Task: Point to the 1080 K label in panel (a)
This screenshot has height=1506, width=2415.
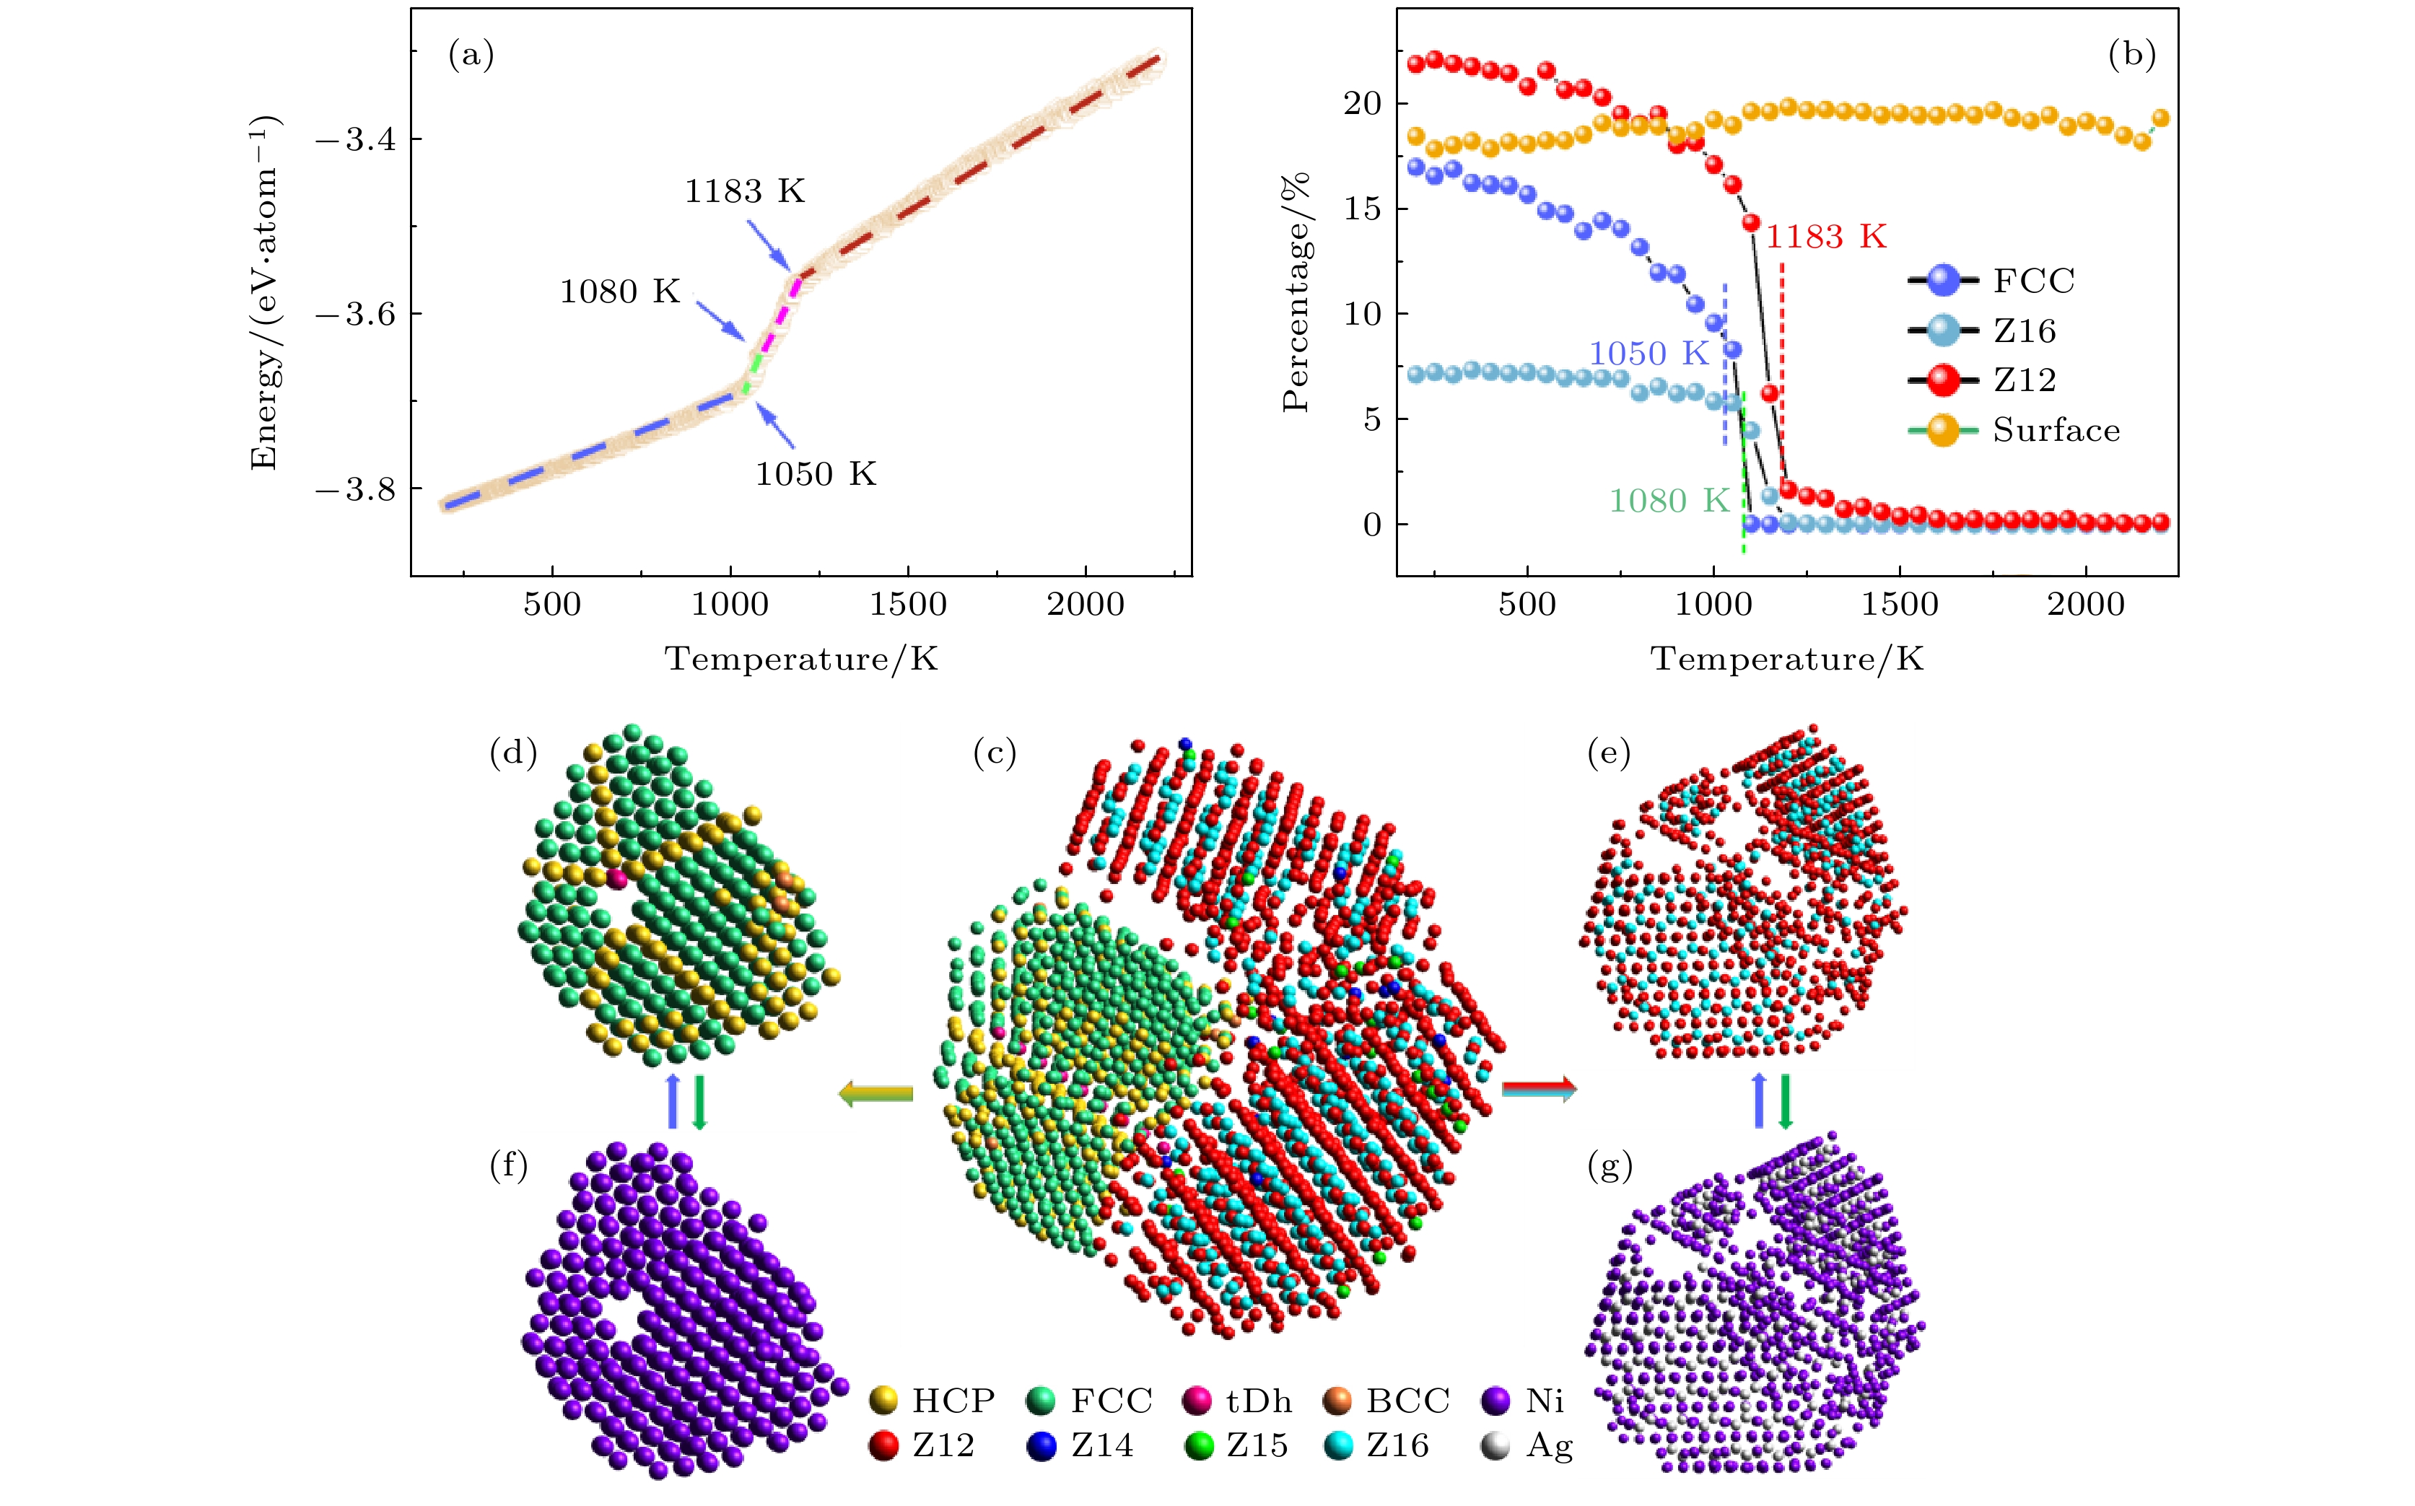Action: [620, 292]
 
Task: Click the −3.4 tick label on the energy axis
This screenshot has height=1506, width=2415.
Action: [354, 139]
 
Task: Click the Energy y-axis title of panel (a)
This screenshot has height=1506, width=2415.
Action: [265, 293]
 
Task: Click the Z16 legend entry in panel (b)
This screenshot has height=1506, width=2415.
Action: [2024, 330]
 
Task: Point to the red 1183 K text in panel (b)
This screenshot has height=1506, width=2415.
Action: [1825, 237]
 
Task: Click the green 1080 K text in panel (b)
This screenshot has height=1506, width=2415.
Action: [1669, 501]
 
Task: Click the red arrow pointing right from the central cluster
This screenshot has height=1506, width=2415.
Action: [1538, 1089]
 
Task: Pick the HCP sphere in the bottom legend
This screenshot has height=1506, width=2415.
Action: [883, 1401]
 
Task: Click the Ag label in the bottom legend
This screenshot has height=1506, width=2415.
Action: [1549, 1445]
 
